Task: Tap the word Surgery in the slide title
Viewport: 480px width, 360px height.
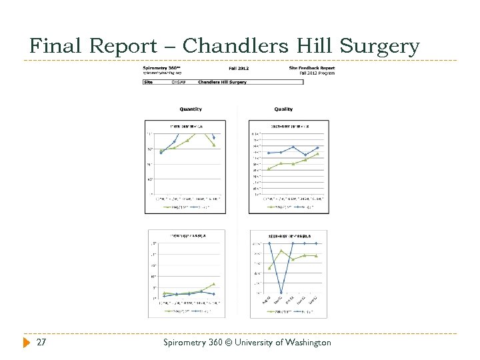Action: coord(379,46)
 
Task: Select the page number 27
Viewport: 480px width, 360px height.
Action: coord(41,342)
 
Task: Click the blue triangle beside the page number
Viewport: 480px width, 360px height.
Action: coord(27,342)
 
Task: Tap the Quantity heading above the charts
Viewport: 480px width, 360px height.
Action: coord(191,109)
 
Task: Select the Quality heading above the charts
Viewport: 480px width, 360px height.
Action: coord(283,109)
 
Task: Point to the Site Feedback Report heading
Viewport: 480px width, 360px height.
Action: coord(311,67)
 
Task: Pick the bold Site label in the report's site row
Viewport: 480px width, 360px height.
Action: coord(149,82)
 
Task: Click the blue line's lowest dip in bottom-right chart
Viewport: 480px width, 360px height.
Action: coord(281,292)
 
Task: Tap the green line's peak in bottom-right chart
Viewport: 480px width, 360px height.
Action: coord(281,251)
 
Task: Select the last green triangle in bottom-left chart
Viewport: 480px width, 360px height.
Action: coord(213,284)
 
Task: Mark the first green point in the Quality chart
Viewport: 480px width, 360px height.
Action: coord(269,169)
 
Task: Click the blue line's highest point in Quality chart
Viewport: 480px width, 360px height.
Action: coord(293,147)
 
